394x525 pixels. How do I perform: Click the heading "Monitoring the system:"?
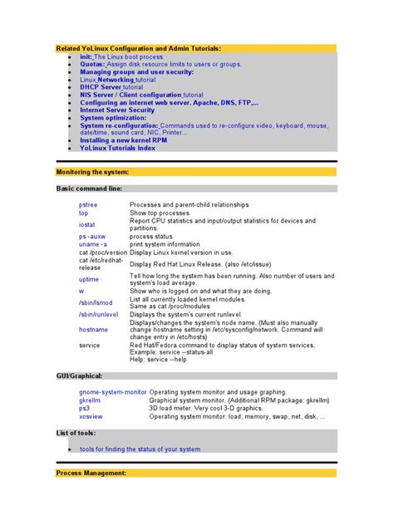pos(92,172)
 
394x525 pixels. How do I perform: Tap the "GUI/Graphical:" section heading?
pos(81,376)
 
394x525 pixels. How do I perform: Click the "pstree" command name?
pos(88,204)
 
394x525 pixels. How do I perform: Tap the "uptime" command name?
pos(89,280)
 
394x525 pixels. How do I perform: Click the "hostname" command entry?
pos(93,330)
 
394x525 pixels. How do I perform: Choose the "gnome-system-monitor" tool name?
pos(112,391)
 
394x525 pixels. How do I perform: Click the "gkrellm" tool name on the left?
pos(90,400)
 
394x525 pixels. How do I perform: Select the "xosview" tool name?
pos(91,416)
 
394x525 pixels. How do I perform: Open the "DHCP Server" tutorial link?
pos(101,87)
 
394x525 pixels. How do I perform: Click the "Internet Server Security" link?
pos(117,110)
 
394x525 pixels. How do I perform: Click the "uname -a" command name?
pos(93,245)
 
